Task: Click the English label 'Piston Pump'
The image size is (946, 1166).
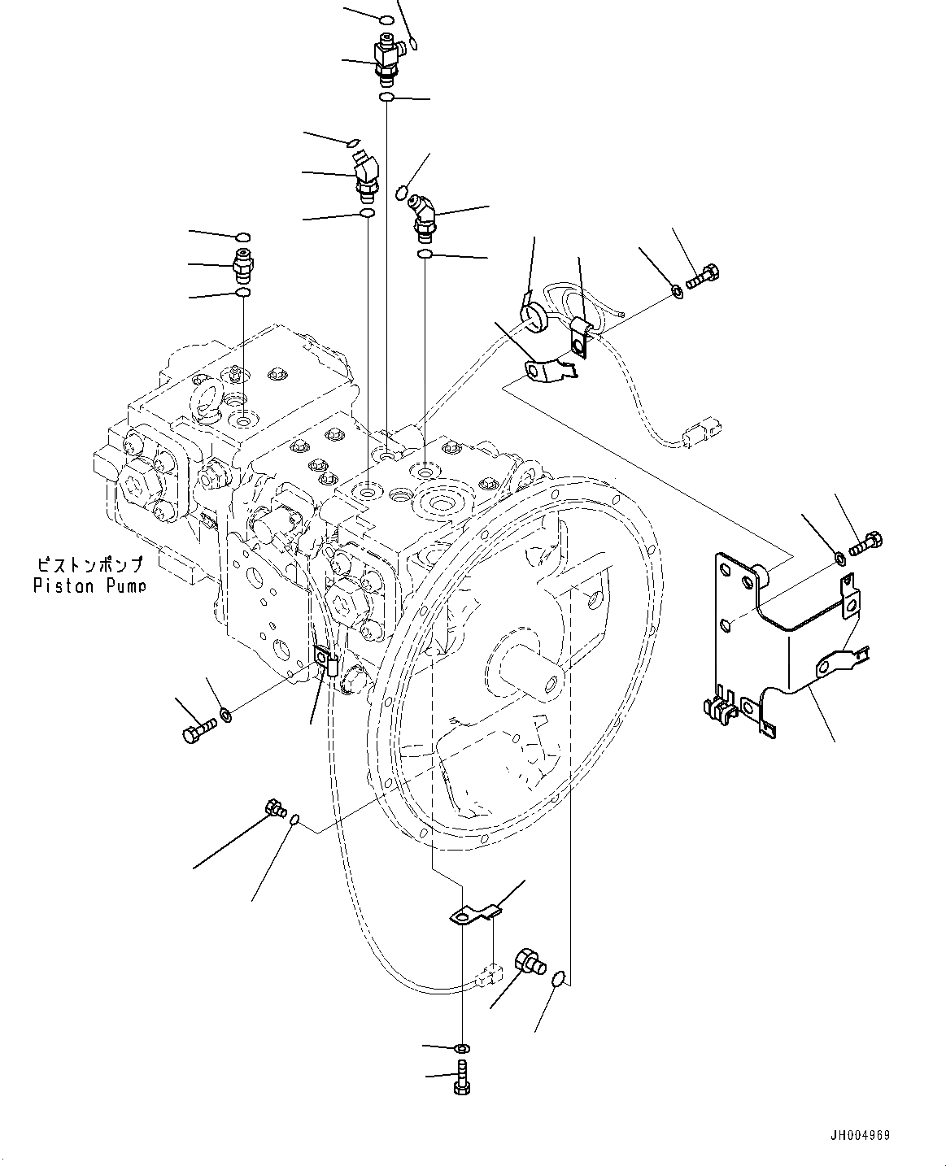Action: click(x=89, y=585)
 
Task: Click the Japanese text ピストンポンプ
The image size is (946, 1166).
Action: click(x=89, y=563)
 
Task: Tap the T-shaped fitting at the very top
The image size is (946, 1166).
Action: click(x=388, y=59)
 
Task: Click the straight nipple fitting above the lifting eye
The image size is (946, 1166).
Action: click(x=242, y=264)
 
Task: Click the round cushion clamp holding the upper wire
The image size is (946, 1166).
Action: click(x=534, y=316)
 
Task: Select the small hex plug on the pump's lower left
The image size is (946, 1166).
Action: click(x=275, y=808)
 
